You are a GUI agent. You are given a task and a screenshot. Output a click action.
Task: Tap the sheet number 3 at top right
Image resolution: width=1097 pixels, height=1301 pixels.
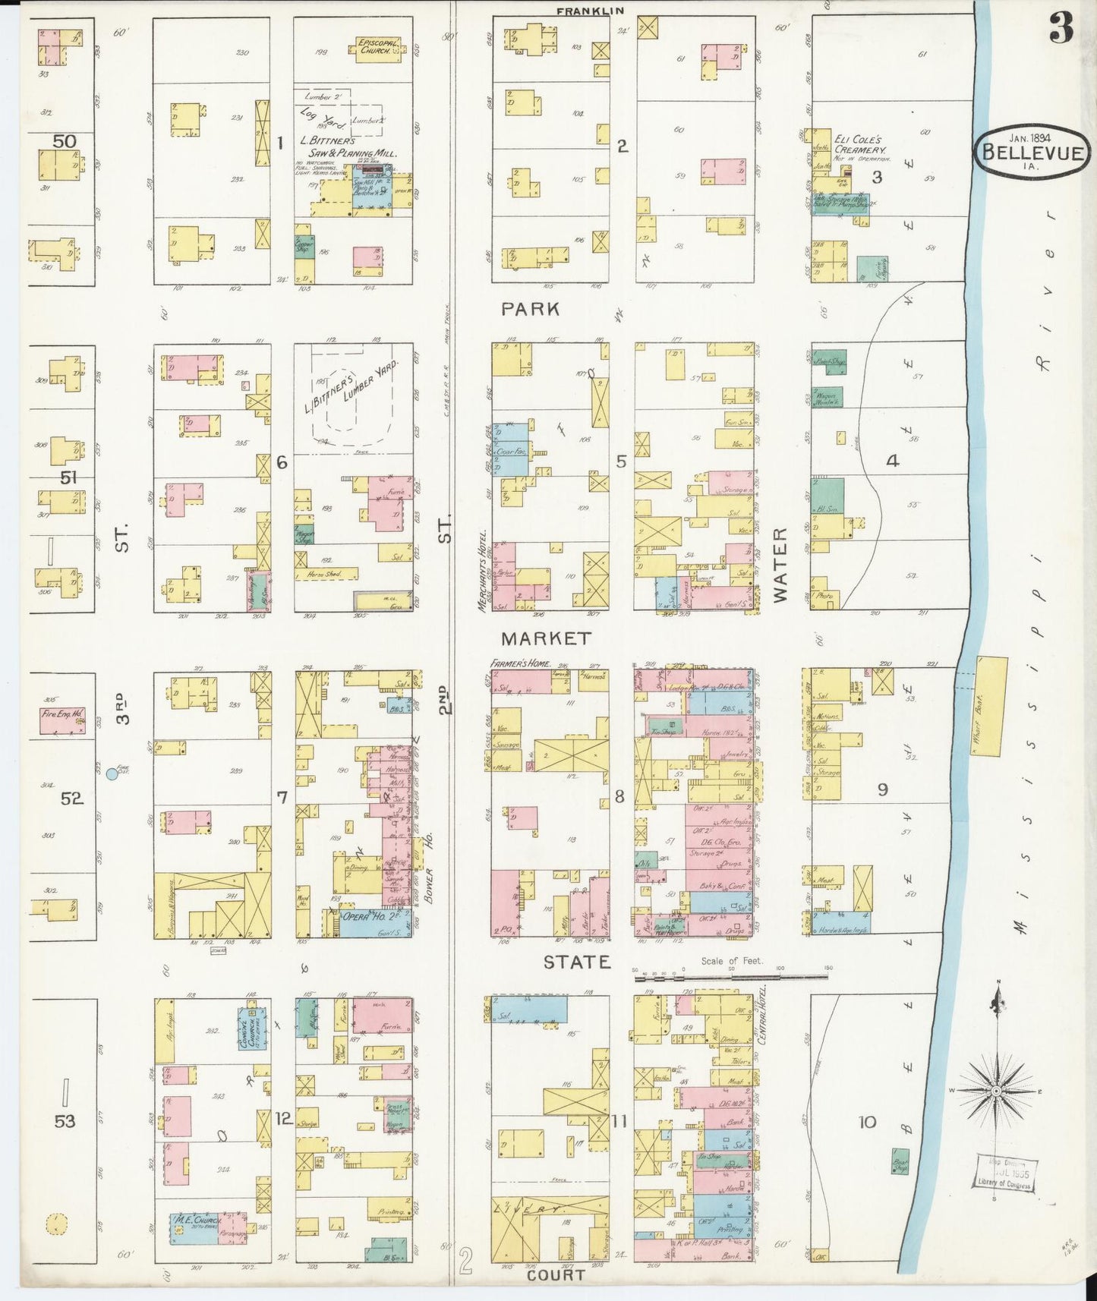(1061, 29)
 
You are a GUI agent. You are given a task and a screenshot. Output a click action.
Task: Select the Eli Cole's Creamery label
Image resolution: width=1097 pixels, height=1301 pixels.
(859, 144)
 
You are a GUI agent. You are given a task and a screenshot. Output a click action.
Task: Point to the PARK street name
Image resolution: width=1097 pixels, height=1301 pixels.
(531, 309)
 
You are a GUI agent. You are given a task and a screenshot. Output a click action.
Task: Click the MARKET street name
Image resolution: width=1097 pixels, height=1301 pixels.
(546, 638)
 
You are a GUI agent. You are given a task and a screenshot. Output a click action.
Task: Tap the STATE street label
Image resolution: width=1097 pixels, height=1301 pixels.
(577, 962)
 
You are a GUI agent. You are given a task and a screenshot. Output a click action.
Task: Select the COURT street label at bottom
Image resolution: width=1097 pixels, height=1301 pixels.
(556, 1274)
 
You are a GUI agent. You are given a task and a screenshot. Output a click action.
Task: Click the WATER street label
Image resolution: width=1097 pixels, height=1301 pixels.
(780, 565)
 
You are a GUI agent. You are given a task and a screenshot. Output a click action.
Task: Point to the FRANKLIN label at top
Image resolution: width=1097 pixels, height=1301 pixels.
(590, 11)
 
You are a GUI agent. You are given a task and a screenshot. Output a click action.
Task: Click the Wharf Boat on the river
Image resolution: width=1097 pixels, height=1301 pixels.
(990, 706)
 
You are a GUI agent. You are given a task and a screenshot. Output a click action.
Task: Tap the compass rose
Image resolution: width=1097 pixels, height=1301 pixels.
(995, 1091)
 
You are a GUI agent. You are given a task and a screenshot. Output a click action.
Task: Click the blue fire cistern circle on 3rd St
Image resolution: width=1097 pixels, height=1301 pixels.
(112, 773)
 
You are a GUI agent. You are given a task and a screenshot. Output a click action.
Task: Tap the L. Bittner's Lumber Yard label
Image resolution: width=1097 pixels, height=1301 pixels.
(351, 386)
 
